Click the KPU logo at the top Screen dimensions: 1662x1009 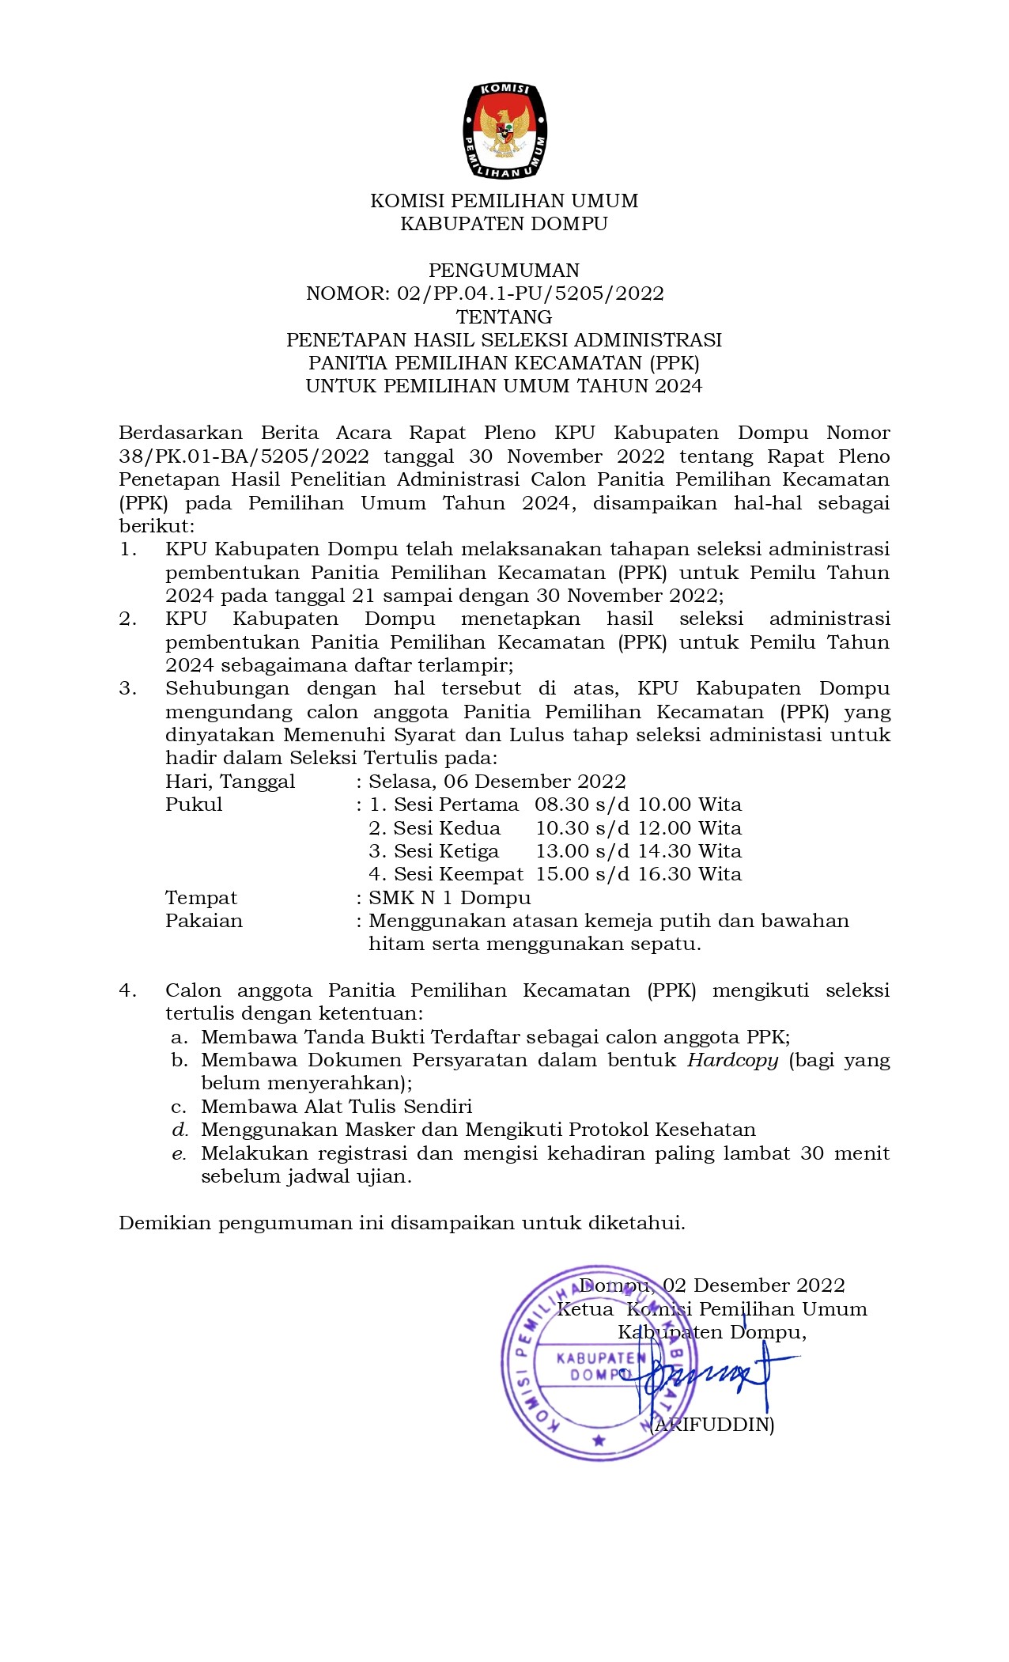pos(504,131)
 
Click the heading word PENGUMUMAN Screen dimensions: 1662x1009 pos(504,271)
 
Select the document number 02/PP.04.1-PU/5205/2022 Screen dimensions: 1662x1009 pos(530,293)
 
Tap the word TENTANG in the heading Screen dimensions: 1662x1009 pos(504,317)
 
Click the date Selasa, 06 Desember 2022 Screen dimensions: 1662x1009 pos(497,782)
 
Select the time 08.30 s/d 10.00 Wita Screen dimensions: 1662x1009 pos(638,805)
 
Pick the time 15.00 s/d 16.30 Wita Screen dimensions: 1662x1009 pos(638,874)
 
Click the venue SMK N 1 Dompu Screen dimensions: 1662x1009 pos(450,898)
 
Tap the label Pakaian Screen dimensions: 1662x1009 pos(204,921)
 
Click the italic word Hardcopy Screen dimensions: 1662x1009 pos(733,1060)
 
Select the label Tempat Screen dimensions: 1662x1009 pos(201,898)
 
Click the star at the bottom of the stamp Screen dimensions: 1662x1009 pos(599,1441)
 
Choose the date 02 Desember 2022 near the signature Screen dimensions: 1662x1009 pos(754,1285)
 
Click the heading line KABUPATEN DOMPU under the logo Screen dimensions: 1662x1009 pos(504,224)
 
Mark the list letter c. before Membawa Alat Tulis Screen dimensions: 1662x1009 pos(179,1107)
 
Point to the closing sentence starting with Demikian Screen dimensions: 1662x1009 pos(402,1223)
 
